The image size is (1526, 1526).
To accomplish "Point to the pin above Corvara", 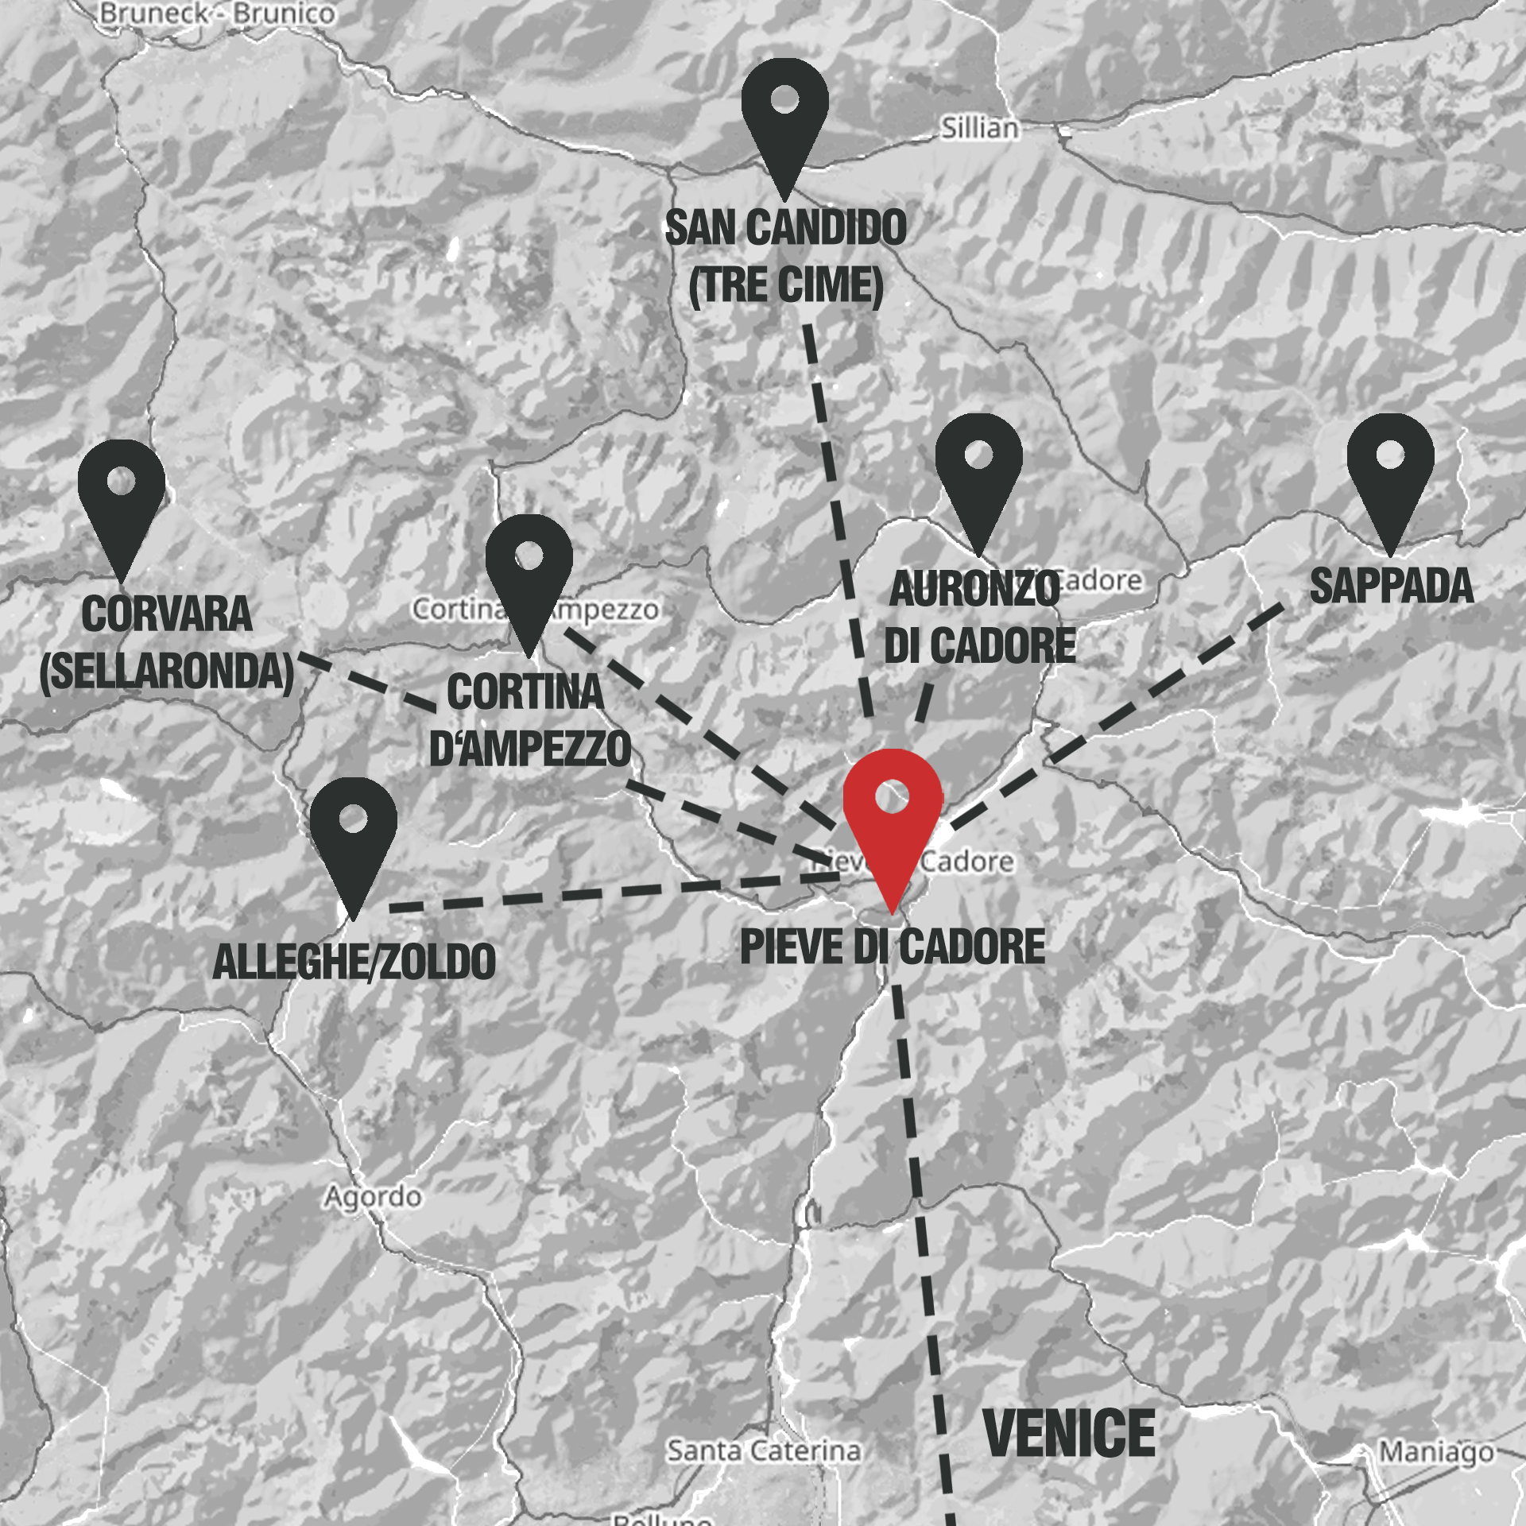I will click(121, 497).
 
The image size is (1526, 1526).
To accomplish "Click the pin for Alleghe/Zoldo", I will click(353, 835).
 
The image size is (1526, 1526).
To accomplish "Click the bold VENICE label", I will click(1069, 1434).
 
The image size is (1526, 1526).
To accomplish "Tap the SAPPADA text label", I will click(1391, 587).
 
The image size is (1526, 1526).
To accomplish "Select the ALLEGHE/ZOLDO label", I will click(354, 962).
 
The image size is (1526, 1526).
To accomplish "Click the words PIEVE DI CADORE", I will click(892, 947).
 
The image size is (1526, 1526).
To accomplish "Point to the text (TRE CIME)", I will click(785, 285).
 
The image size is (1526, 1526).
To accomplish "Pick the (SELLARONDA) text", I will click(167, 671).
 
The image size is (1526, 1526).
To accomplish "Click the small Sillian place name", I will click(979, 128).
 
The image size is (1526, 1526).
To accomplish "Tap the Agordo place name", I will click(372, 1197).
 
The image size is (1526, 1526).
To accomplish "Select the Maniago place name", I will click(1436, 1451).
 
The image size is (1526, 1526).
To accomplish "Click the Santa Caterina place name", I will click(763, 1450).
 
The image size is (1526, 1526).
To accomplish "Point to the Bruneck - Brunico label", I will click(217, 14).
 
